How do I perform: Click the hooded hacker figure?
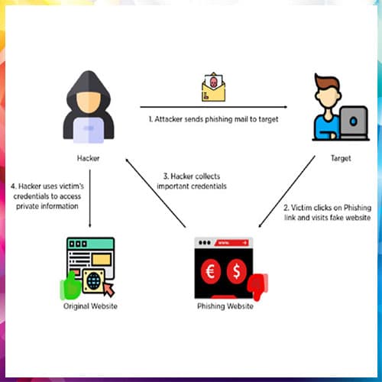pos(89,107)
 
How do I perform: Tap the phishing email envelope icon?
pos(213,87)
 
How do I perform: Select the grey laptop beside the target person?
pos(354,122)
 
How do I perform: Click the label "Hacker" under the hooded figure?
pos(88,158)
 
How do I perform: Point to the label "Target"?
pos(341,158)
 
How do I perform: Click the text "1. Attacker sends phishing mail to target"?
pos(213,119)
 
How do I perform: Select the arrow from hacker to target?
pos(214,107)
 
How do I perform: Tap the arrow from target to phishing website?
pos(286,191)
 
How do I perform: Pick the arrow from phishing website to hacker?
pos(156,193)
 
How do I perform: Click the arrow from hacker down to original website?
pos(89,199)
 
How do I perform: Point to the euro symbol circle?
pos(210,271)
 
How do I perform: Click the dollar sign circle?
pos(236,271)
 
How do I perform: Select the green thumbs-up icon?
pos(70,285)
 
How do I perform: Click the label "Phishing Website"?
pos(225,306)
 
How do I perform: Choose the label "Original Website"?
pos(90,306)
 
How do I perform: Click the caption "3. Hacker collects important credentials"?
pos(192,181)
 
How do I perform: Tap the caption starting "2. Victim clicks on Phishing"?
pos(328,212)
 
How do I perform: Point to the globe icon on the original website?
pos(93,280)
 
